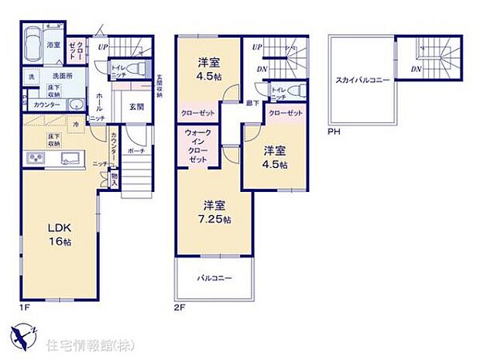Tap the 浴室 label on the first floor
coord(53,46)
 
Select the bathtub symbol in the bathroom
coord(33,46)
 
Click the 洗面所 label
coord(62,76)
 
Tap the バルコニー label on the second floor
coord(214,277)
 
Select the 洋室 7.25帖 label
coord(214,212)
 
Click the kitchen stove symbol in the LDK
coord(36,159)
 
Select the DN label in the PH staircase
coord(416,69)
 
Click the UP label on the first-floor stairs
coord(103,48)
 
